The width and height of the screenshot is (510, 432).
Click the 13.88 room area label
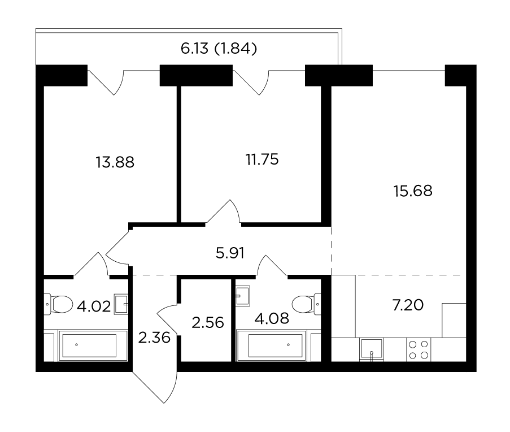point(115,162)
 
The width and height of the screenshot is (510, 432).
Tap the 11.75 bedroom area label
point(262,159)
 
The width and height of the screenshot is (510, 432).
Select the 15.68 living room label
point(413,191)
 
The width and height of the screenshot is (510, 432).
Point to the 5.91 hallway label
point(230,253)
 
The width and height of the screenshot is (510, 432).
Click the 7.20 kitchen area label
point(408,305)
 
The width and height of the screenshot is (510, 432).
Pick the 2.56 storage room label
point(208,323)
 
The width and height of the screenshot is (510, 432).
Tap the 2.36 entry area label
point(154,338)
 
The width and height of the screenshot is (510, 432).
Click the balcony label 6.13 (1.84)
point(219,49)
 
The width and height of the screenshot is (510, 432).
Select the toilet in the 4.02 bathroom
point(58,304)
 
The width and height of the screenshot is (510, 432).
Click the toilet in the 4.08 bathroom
point(306,304)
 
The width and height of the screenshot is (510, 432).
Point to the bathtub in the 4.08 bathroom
point(271,345)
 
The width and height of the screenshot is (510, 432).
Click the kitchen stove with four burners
point(419,349)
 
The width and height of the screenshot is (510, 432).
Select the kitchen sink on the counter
point(372,349)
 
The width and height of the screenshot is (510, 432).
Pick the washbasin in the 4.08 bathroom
point(243,296)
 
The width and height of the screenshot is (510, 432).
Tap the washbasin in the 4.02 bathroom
point(121,304)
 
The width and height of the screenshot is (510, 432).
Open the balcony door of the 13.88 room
point(106,83)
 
